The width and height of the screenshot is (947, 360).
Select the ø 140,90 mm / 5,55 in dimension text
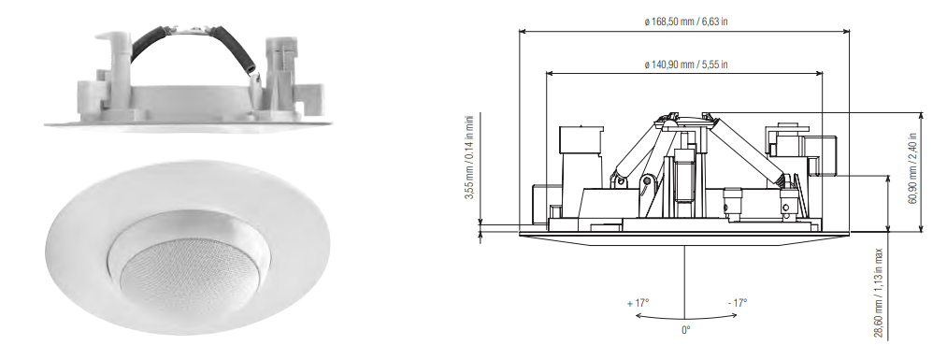[x=685, y=65]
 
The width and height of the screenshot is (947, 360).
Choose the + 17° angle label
[x=638, y=304]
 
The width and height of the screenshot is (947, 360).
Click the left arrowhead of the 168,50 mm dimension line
[x=523, y=31]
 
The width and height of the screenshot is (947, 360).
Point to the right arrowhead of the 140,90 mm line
[x=825, y=74]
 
